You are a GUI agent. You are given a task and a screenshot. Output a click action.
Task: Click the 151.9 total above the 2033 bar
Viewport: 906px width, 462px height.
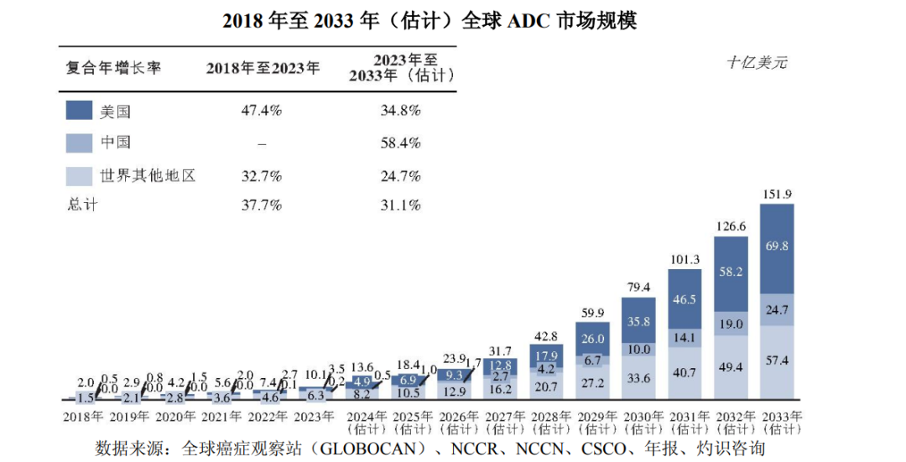pos(777,195)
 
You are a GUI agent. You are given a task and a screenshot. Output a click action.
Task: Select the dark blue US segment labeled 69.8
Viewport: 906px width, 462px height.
pos(777,246)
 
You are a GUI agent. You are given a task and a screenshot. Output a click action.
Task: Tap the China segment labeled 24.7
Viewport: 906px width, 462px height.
pos(777,310)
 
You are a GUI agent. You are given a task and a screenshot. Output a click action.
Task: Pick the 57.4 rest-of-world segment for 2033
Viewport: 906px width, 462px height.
pos(777,360)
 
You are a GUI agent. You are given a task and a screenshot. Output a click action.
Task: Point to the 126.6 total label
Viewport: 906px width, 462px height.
pos(731,226)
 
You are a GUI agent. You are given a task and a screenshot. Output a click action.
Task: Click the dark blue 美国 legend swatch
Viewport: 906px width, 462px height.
pos(79,111)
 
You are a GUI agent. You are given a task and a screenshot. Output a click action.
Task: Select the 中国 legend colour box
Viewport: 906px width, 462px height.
pos(79,143)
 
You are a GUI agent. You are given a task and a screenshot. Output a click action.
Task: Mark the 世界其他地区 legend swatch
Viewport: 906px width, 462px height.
pos(79,175)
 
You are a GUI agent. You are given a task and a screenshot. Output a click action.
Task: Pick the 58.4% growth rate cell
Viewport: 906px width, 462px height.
pos(400,143)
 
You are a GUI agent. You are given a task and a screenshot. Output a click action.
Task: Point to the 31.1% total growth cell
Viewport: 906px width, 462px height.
pos(400,205)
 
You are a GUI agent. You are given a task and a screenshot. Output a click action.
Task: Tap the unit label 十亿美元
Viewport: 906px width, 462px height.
pos(757,63)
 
